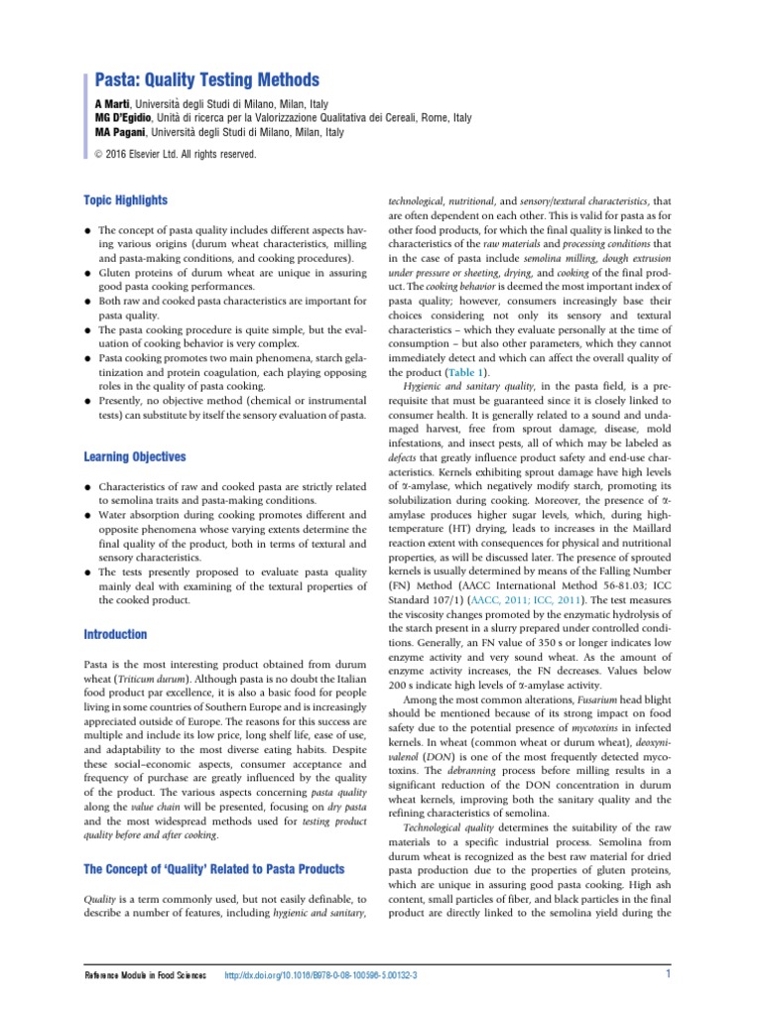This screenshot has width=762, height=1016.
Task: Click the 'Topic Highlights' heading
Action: click(x=125, y=199)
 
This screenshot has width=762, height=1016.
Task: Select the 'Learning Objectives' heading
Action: click(x=134, y=457)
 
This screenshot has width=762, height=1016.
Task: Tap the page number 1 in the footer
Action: click(x=669, y=974)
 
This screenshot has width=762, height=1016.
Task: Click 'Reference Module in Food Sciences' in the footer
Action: click(x=145, y=976)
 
